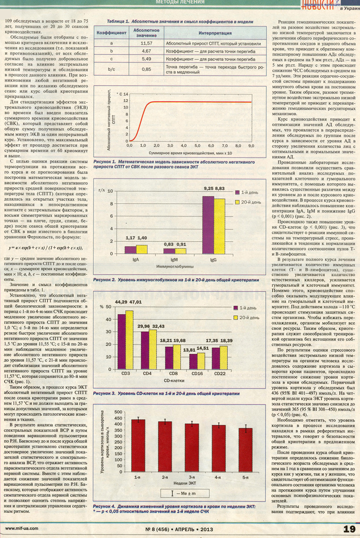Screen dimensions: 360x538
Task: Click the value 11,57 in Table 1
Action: coord(146,43)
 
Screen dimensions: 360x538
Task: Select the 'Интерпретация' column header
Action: coord(215,33)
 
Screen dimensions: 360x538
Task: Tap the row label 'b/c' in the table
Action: coord(112,69)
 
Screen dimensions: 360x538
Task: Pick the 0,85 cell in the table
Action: coord(146,69)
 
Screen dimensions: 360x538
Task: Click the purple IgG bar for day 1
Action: coord(208,225)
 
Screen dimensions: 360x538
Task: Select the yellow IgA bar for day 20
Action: coord(142,249)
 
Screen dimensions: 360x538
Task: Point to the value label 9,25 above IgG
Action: coord(208,188)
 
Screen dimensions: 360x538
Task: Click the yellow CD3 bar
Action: coord(129,340)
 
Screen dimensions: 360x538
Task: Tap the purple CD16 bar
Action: coord(193,362)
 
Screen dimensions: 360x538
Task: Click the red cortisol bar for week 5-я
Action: coord(246,450)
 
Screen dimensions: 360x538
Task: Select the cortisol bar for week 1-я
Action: coord(138,446)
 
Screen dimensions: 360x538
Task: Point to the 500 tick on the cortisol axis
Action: coord(118,412)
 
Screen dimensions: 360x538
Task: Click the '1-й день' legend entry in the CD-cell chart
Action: coord(245,308)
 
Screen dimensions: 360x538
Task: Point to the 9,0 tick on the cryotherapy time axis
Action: coord(251,146)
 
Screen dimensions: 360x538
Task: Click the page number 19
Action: coord(349,529)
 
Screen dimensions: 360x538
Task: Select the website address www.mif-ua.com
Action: coord(22,529)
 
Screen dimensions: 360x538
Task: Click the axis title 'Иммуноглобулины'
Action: coord(175,266)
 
